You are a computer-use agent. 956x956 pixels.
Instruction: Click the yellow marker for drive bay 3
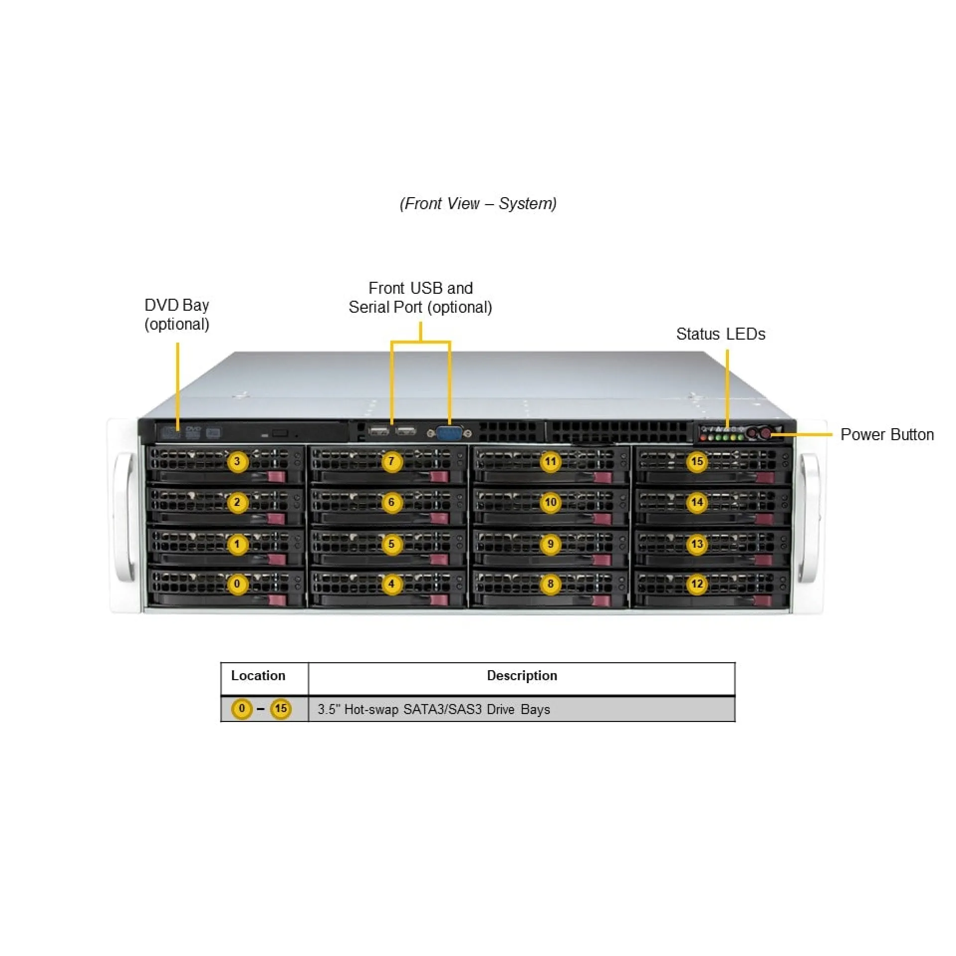point(238,462)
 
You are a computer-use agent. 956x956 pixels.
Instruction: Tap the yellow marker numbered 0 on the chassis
point(238,584)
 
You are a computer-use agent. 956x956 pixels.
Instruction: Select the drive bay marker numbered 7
point(391,462)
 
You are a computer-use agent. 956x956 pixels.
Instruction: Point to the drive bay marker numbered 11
point(550,462)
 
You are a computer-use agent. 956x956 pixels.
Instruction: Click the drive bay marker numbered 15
point(697,462)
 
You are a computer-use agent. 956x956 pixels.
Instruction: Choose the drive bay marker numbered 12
point(697,584)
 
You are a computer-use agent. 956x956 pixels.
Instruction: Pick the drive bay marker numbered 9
point(550,544)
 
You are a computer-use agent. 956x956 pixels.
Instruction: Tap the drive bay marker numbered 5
point(391,544)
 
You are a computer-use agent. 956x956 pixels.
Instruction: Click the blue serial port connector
point(449,433)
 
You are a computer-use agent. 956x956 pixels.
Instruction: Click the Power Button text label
point(887,435)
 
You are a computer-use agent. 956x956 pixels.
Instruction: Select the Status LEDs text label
point(720,334)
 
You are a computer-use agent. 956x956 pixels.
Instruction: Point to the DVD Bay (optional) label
point(177,314)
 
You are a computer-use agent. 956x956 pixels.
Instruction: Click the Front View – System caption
point(478,204)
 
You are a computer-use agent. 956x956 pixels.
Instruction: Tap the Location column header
point(258,676)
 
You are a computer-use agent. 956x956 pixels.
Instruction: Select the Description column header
point(522,676)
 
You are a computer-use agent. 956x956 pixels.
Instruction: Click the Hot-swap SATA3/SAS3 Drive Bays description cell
point(434,709)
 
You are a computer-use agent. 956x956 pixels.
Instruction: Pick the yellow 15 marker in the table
point(281,709)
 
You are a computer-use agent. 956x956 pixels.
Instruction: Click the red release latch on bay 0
point(277,600)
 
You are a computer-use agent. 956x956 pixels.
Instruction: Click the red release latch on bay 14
point(764,519)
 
